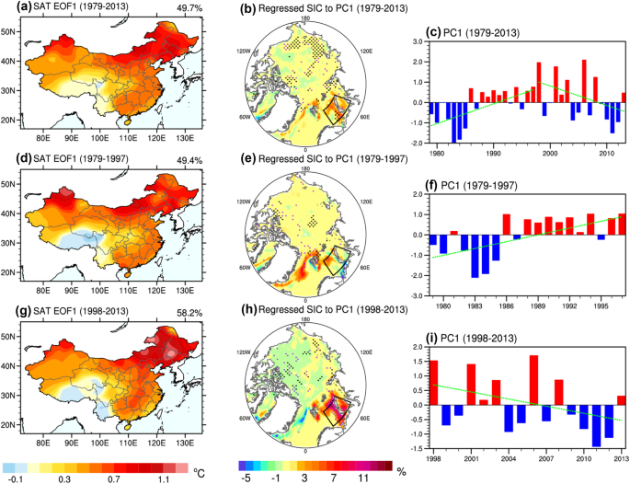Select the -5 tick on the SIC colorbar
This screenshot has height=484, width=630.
click(x=245, y=478)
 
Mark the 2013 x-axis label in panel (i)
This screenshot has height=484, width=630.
click(x=623, y=457)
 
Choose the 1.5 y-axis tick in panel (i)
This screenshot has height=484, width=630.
click(x=419, y=363)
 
